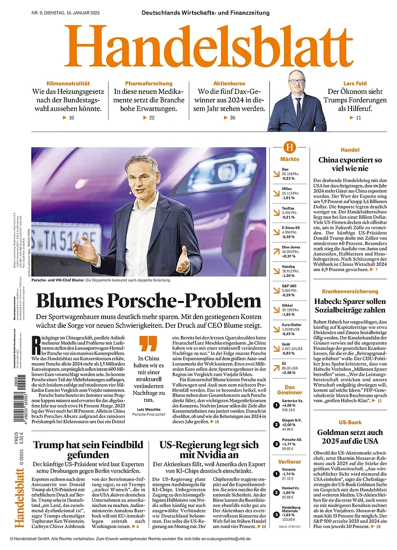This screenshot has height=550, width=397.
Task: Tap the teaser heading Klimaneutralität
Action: (68, 84)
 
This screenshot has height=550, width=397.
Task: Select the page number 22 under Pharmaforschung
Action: (152, 118)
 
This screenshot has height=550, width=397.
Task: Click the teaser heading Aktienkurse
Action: (229, 84)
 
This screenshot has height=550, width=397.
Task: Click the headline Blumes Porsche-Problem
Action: (149, 300)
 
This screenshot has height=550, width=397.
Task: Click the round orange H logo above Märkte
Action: (290, 147)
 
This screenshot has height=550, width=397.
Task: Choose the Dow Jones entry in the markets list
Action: (291, 248)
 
